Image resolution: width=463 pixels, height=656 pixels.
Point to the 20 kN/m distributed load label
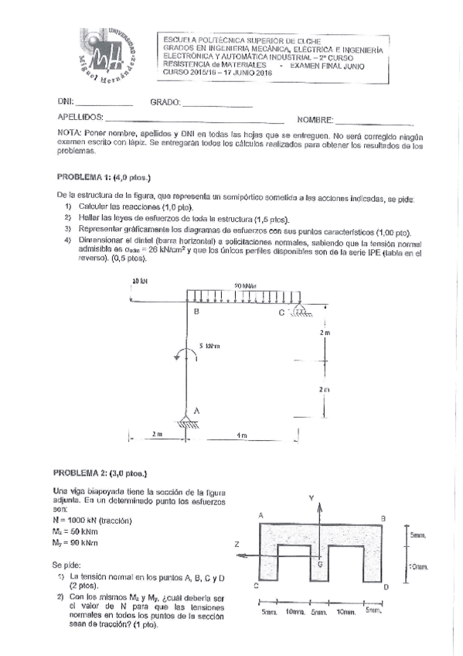245,285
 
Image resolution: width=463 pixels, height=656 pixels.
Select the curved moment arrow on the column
182,354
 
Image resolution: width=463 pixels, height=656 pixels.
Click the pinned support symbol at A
186,422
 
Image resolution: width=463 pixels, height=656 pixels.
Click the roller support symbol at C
298,311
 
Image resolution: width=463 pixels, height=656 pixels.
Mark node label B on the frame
196,312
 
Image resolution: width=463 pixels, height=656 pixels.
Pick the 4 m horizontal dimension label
242,436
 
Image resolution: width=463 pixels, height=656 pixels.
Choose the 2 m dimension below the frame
157,436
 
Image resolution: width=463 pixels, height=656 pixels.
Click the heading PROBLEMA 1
84,176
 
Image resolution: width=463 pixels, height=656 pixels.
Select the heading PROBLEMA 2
84,472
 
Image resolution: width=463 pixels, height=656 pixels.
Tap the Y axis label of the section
312,498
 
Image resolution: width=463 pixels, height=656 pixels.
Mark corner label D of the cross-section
385,589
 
